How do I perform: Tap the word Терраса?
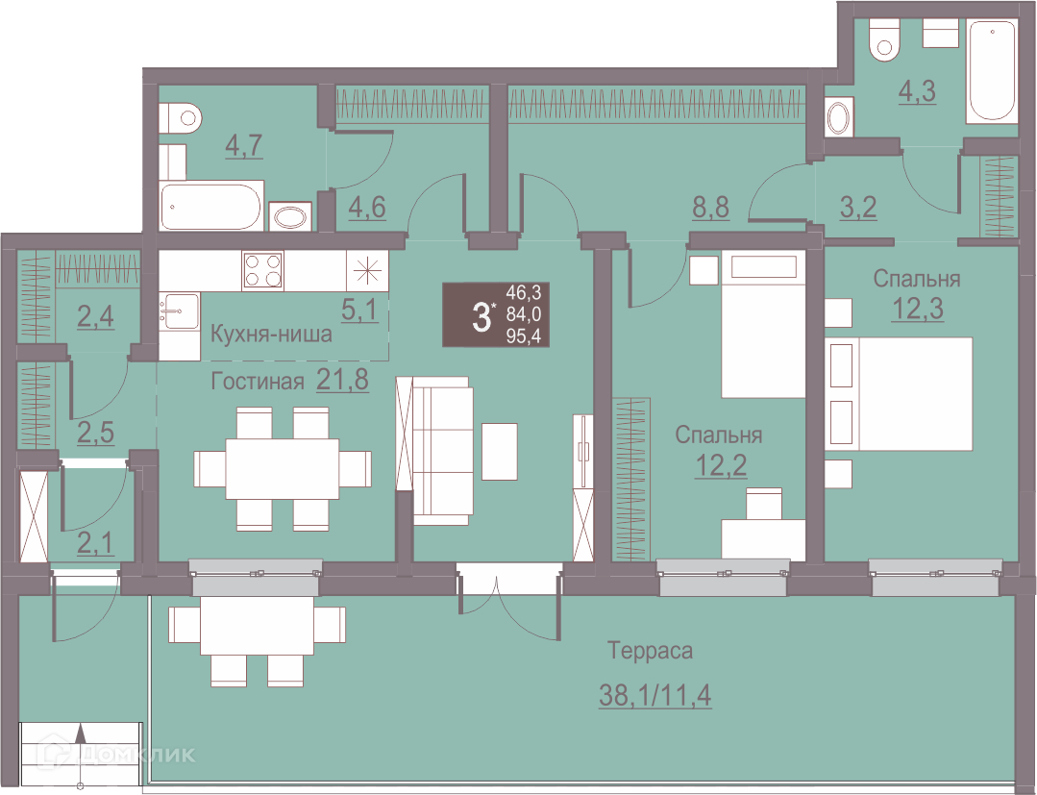650,652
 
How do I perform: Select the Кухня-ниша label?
271,335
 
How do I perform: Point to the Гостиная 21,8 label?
289,381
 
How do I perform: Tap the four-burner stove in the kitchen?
262,270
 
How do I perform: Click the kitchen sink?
179,312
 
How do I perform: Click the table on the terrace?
257,625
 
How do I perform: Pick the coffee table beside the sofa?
500,452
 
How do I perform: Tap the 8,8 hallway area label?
712,208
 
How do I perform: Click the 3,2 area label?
857,208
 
